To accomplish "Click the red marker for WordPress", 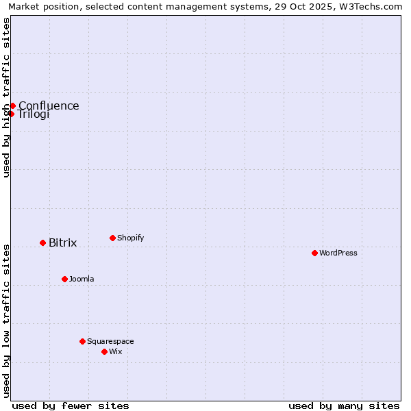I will (x=314, y=253).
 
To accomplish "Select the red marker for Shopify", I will (x=112, y=238).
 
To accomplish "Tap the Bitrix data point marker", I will (x=42, y=242).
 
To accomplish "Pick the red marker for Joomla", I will (x=64, y=279).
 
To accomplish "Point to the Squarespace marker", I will (x=82, y=341).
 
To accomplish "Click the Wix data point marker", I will (x=104, y=351).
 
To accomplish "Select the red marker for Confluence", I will (x=12, y=105).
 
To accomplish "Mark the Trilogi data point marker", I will (x=11, y=114).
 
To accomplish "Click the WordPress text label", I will (x=338, y=253).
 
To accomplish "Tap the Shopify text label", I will (x=130, y=238).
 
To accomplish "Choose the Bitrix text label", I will (x=62, y=243).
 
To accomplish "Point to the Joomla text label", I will (x=82, y=279).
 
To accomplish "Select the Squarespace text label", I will (x=110, y=341).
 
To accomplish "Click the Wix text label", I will (x=115, y=351).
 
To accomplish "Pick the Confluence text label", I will (x=49, y=105).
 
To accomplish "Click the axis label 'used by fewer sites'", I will (x=71, y=406).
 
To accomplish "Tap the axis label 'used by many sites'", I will (x=344, y=406).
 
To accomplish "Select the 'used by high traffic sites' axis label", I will (x=6, y=97).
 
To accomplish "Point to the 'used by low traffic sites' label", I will (x=6, y=321).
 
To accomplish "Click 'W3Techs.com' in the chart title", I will (x=372, y=6).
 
